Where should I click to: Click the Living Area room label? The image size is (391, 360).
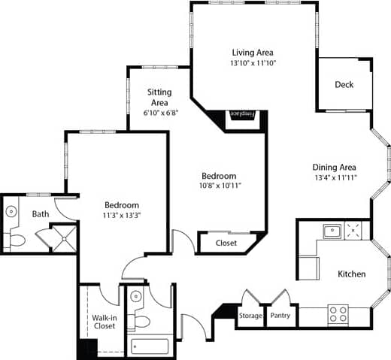[x=252, y=53]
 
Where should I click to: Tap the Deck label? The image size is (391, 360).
[x=344, y=85]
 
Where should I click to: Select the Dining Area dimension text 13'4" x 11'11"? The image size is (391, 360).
[x=334, y=178]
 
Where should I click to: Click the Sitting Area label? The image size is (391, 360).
[x=158, y=97]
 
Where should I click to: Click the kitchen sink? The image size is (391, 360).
[x=332, y=230]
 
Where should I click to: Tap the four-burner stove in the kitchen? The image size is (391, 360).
[x=338, y=315]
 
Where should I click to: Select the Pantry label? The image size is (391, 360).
[x=280, y=316]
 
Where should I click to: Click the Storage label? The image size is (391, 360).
[x=250, y=316]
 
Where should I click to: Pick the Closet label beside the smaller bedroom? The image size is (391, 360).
[x=226, y=244]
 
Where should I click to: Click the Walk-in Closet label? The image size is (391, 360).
[x=104, y=321]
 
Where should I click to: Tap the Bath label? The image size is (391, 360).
[x=41, y=214]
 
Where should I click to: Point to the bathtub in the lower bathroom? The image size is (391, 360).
[x=151, y=346]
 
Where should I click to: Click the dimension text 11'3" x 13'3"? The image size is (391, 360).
[x=122, y=216]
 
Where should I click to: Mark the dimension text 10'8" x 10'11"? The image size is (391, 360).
[x=220, y=186]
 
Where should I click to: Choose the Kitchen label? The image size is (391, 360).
[x=351, y=274]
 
